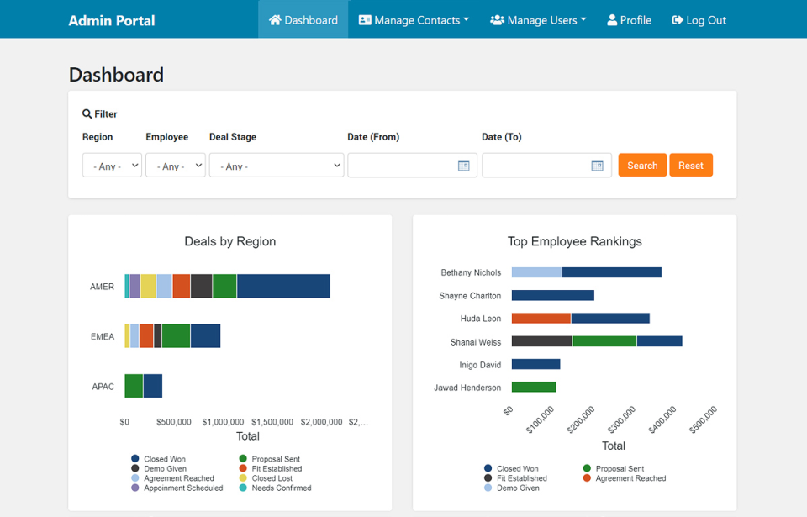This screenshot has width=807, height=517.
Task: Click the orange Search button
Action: point(642,166)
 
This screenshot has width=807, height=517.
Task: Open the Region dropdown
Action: point(112,166)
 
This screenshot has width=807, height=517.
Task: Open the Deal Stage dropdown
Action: point(277,166)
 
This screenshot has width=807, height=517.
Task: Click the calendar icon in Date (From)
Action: point(463,166)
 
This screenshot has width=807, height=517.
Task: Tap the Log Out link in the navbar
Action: point(699,20)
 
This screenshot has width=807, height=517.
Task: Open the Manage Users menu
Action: point(538,20)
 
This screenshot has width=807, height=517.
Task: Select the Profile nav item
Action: point(630,20)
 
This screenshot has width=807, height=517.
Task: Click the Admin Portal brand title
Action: point(112,20)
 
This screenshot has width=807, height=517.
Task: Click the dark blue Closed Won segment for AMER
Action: point(283,286)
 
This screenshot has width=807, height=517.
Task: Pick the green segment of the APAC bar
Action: point(134,386)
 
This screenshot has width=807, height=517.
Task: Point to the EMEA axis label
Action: point(103,336)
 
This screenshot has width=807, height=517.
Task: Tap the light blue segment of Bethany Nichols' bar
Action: point(536,272)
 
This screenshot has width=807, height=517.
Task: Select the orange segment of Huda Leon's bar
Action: point(541,319)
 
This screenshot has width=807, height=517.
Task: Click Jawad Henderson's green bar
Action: point(534,388)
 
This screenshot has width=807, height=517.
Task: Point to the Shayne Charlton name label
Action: point(470,296)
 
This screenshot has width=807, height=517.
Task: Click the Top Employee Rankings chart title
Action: point(575,241)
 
